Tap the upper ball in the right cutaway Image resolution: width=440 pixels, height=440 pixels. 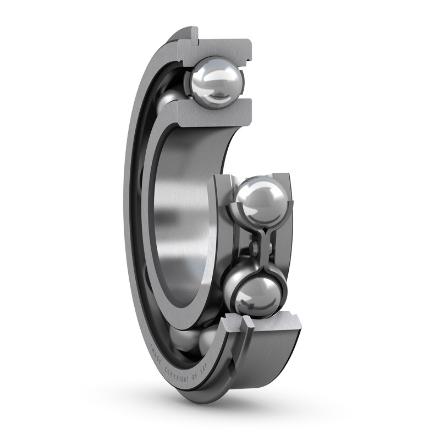[261, 203]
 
